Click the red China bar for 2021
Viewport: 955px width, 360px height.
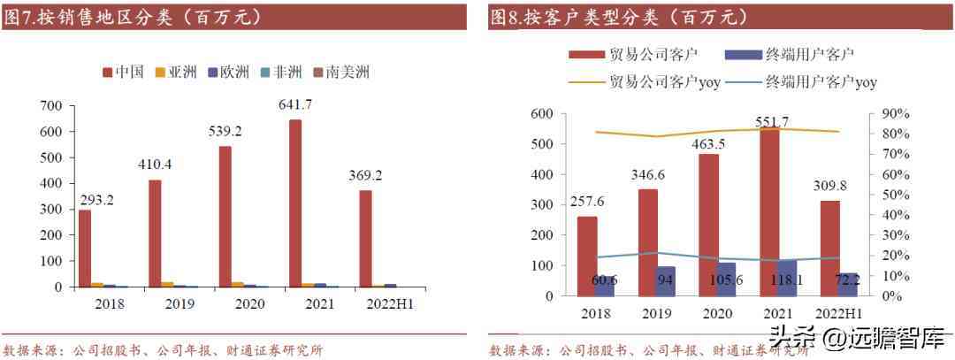pos(294,203)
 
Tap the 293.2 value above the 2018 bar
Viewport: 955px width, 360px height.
pos(96,199)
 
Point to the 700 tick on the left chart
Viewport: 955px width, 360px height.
pos(52,105)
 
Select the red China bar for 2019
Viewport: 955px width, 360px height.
pos(155,234)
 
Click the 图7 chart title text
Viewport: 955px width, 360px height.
pos(133,17)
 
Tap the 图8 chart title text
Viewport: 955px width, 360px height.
pos(619,17)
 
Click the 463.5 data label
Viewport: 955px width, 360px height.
pos(709,143)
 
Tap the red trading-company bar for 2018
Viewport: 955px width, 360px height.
pos(587,257)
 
